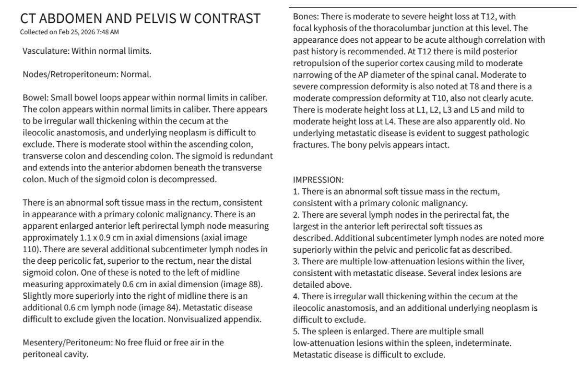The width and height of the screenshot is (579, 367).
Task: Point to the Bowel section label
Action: point(35,98)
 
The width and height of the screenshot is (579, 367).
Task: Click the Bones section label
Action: point(306,17)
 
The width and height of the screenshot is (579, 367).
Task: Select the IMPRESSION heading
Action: point(319,180)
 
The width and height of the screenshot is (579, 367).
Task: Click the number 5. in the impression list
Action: point(296,331)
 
